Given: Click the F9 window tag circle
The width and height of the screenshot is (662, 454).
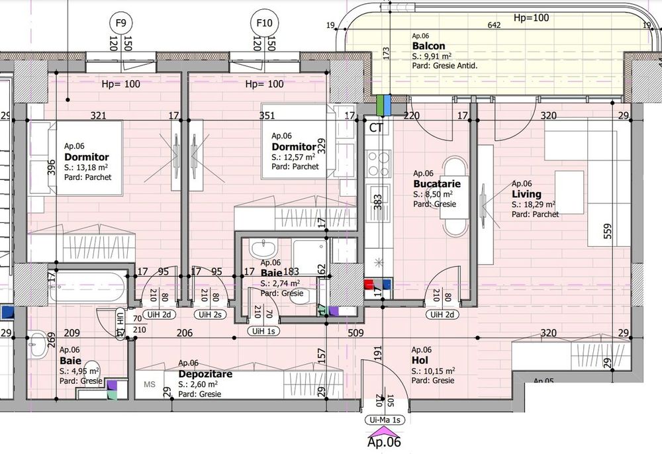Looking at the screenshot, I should coord(121,23).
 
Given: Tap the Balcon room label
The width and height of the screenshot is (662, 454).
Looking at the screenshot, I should coord(427,46).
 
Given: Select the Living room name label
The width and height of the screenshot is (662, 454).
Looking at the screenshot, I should coord(526,194).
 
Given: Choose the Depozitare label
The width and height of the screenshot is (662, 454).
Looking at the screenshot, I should coord(205,373).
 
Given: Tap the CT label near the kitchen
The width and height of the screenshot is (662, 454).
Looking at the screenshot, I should coord(376,128).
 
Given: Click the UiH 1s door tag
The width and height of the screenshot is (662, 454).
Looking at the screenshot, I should coord(263,331).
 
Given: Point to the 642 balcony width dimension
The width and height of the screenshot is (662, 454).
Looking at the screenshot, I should coord(494,25).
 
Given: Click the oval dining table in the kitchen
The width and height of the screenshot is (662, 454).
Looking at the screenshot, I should coord(454,195).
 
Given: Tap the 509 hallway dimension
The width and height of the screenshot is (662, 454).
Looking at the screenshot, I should coord(355,334).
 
